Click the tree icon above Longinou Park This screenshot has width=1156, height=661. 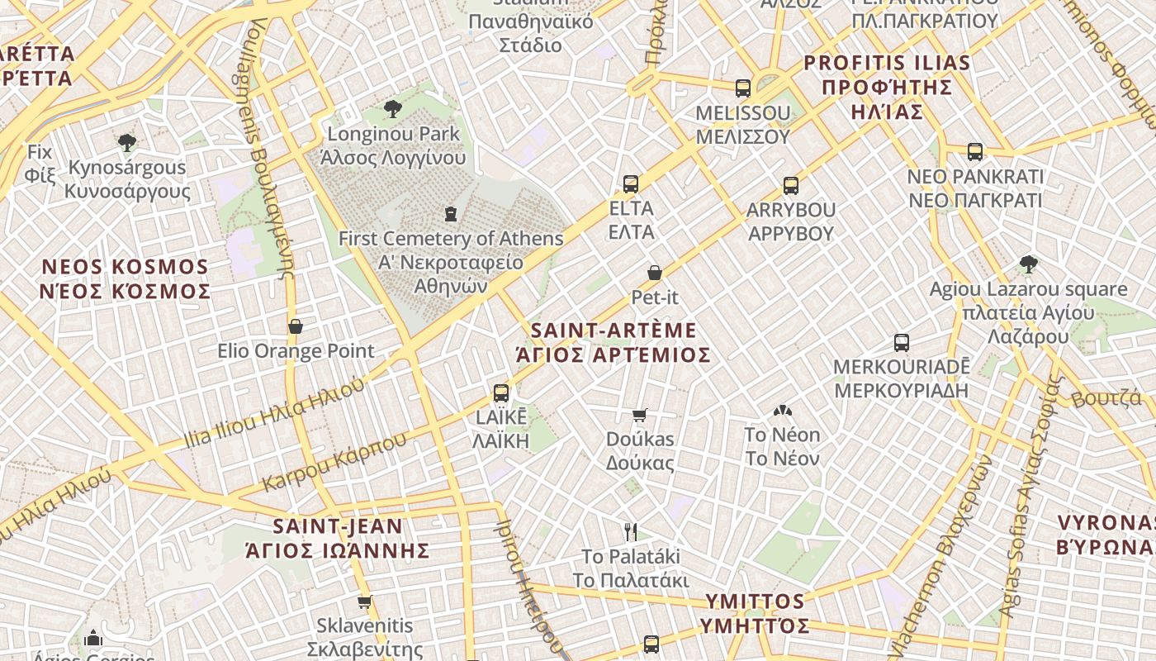[x=393, y=108]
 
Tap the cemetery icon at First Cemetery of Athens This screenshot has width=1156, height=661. [x=450, y=214]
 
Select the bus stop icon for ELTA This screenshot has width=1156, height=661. [x=631, y=183]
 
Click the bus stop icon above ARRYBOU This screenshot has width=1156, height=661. [x=791, y=185]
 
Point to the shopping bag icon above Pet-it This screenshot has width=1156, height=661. [x=655, y=272]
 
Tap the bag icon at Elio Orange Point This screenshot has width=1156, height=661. [x=296, y=326]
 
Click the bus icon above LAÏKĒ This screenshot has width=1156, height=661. [x=501, y=392]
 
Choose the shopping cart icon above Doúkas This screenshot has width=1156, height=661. [x=640, y=415]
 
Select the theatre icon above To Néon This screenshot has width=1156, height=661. [x=782, y=411]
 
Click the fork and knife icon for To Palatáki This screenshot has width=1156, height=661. [x=631, y=531]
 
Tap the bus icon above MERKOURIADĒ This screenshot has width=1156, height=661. [x=902, y=342]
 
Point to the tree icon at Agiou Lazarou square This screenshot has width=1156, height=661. [x=1028, y=264]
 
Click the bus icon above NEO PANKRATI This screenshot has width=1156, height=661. [x=975, y=152]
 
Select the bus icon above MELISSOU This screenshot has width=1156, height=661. [x=743, y=88]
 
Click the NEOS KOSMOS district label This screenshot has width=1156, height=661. [x=126, y=267]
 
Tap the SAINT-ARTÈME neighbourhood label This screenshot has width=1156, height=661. [x=614, y=330]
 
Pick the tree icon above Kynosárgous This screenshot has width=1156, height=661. [x=126, y=143]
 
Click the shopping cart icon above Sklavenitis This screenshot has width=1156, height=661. [x=364, y=602]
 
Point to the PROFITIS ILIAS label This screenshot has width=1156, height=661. [x=887, y=63]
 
